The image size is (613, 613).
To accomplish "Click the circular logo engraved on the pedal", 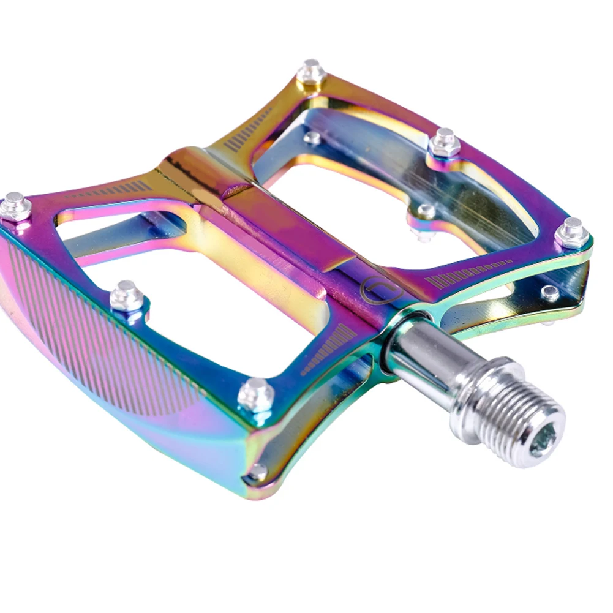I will tap(375, 291).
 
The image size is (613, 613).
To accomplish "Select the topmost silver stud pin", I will tap(311, 72).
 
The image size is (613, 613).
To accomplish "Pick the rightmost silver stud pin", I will tap(572, 233).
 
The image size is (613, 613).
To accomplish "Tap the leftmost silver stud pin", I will tap(15, 206).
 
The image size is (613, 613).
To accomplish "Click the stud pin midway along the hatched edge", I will tap(127, 296).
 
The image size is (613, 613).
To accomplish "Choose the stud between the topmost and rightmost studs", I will tap(445, 143).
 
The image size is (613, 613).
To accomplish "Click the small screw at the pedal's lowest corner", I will tap(258, 472).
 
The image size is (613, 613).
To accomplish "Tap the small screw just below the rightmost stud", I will tap(549, 293).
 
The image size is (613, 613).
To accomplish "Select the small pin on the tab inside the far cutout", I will tap(424, 212).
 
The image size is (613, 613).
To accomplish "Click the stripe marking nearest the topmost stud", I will tap(249, 130).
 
